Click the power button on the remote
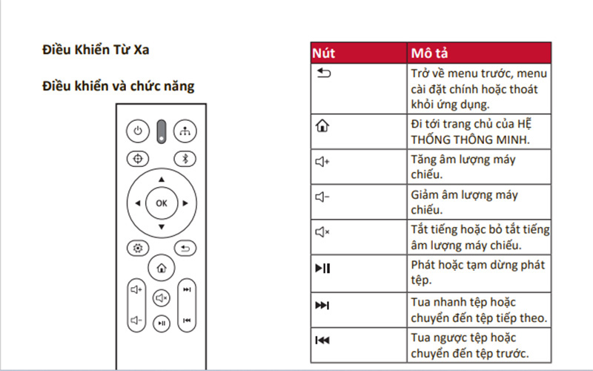pos(136,131)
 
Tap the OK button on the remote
pos(161,203)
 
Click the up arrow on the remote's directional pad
pos(161,180)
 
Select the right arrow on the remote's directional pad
pos(185,203)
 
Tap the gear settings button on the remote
pos(136,249)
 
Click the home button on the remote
pos(161,268)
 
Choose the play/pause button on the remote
pos(162,323)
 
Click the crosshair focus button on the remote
pos(136,158)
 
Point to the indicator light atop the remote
pos(161,131)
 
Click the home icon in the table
pos(320,125)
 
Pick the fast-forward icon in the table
pos(322,306)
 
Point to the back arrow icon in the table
pos(320,73)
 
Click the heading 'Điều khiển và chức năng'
pos(118,86)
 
